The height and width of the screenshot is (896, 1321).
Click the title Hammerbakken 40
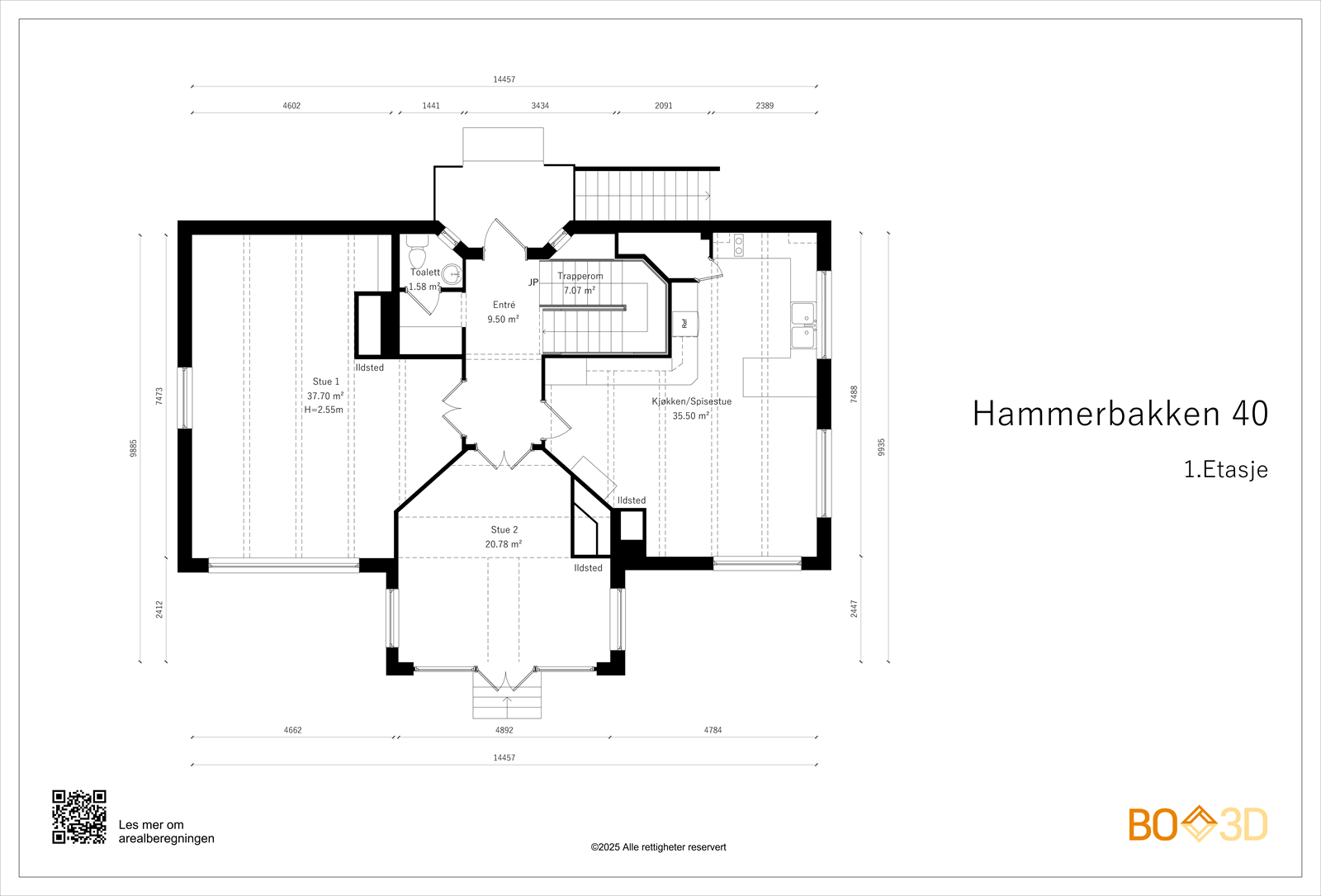[x=1120, y=414]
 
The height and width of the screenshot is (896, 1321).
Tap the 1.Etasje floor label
[x=1225, y=470]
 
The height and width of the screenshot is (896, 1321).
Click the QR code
[x=79, y=817]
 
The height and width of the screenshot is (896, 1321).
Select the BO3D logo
[x=1198, y=824]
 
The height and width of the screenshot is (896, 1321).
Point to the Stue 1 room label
[x=325, y=382]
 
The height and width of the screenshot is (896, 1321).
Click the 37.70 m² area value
[x=325, y=396]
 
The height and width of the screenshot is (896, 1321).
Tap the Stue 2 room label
[x=504, y=530]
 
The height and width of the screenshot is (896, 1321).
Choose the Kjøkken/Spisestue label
[x=691, y=401]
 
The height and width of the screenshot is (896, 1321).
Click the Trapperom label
[x=580, y=277]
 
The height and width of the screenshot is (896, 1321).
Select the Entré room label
[x=504, y=305]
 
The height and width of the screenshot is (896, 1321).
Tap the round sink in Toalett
[x=451, y=274]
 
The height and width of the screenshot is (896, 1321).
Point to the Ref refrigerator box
[x=684, y=324]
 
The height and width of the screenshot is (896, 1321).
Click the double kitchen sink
[x=803, y=325]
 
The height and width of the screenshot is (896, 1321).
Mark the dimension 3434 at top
[x=540, y=106]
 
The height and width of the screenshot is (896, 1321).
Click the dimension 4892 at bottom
[x=504, y=730]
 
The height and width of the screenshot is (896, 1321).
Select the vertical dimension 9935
[x=881, y=447]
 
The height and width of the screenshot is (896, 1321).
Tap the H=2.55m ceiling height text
[x=324, y=410]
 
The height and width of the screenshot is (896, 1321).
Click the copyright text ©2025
[x=658, y=847]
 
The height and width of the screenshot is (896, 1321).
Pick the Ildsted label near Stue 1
[x=370, y=367]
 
